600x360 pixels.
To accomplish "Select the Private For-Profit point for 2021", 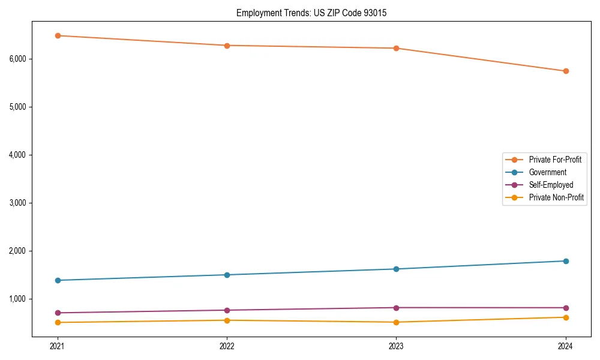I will (58, 35).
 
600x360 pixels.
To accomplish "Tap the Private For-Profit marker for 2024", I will (566, 71).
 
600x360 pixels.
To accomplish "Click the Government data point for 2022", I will (227, 275).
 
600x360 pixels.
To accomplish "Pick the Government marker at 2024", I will (566, 261).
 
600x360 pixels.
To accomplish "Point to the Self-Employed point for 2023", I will (397, 308).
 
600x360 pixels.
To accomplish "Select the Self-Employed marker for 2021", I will (58, 313).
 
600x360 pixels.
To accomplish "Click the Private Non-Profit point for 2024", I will (566, 317).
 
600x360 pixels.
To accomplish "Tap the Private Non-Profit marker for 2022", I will (227, 320).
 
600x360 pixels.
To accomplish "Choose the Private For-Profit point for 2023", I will (397, 48).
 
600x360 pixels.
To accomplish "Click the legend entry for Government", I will (547, 172).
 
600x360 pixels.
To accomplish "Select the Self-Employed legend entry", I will (551, 185).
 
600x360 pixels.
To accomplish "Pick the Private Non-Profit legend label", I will (556, 197).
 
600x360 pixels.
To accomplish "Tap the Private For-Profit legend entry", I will (555, 160).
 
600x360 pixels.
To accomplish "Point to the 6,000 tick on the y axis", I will (18, 59).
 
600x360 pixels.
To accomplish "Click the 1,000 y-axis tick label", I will (18, 299).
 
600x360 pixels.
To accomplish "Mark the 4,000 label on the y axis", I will (18, 155).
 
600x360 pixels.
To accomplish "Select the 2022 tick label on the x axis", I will (227, 346).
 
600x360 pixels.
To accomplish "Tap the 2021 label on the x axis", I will (58, 346).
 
